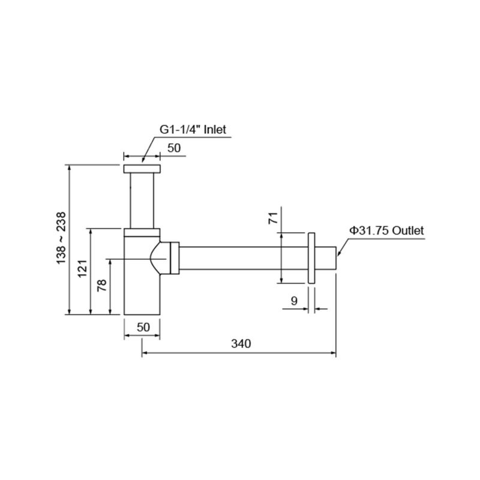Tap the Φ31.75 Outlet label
tap(386, 230)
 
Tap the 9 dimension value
tap(294, 301)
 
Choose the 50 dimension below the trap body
tap(143, 327)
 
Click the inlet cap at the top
tap(142, 169)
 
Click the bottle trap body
tap(142, 288)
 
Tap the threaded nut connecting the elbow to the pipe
tap(175, 259)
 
